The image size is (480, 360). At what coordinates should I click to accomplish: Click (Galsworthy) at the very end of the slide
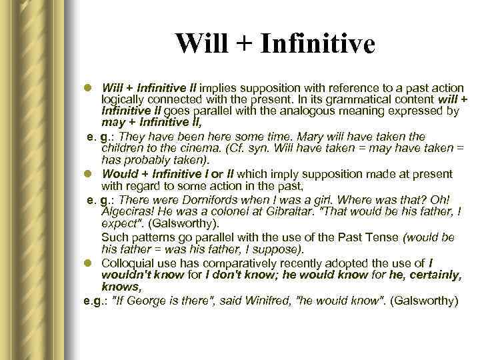(425, 301)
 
